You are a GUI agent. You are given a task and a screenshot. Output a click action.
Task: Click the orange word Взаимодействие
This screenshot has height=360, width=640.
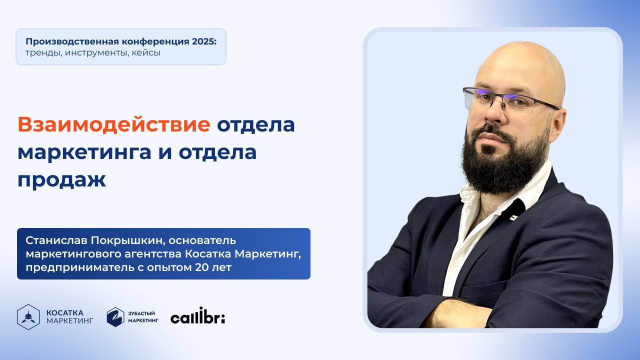pos(113,124)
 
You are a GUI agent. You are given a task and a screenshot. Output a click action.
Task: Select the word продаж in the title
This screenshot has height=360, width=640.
pos(61,179)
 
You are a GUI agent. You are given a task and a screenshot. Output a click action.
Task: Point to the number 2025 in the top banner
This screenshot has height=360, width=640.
pos(203,41)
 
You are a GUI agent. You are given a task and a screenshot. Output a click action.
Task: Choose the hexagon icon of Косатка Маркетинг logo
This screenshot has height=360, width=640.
pos(28,317)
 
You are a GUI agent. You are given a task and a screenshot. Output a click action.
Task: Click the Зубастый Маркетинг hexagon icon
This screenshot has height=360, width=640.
pos(115,317)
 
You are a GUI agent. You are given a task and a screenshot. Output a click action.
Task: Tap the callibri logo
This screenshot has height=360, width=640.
pos(197,317)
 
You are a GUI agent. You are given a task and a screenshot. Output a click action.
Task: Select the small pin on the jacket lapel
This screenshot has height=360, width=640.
pos(513,217)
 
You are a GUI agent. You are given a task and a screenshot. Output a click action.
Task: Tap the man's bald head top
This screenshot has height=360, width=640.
pos(520,57)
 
